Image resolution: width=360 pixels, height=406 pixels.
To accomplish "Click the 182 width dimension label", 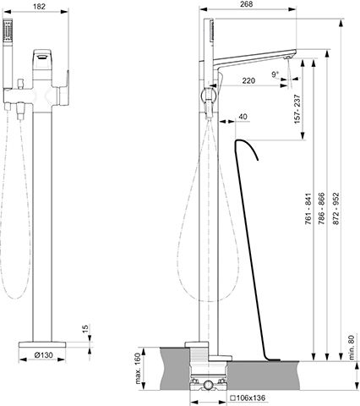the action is tap(39, 7).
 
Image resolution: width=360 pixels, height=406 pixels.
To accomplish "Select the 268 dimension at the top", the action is tap(247, 4).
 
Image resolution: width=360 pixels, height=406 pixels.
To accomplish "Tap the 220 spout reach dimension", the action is tap(248, 80).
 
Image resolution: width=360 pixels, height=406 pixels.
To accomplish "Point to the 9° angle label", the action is tap(275, 74).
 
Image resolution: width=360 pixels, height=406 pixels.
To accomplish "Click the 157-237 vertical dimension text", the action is tap(297, 109).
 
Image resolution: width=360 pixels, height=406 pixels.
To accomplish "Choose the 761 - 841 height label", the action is tap(308, 209).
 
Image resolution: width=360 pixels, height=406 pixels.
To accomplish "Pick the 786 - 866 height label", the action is tap(321, 209).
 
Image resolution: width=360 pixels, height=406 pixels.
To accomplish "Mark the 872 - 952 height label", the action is tap(336, 209).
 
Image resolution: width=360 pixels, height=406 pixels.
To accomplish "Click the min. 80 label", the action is tap(352, 348).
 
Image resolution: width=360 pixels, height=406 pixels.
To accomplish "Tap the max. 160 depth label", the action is tap(138, 369).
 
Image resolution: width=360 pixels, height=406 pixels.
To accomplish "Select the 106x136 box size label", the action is tap(248, 398).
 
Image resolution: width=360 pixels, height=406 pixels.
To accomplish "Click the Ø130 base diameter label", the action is tap(44, 355).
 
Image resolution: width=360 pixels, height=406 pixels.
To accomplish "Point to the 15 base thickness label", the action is tap(85, 327).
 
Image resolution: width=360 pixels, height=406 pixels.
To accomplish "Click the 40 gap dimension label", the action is tap(243, 117).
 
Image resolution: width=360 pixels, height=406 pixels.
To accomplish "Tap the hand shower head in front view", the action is tap(8, 30).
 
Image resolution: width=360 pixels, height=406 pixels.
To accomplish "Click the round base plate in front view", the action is tap(42, 344).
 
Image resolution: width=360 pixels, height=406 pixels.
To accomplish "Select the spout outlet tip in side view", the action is tap(288, 58).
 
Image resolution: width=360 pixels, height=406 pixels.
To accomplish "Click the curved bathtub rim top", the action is tap(241, 140).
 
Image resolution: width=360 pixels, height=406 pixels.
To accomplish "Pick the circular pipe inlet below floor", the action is tap(209, 384).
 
